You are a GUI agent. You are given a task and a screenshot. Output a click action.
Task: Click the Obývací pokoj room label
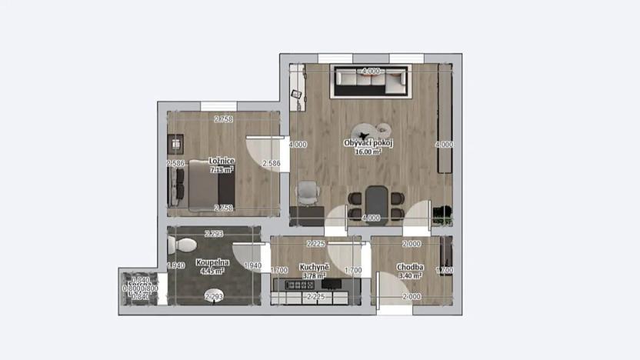click(x=368, y=144)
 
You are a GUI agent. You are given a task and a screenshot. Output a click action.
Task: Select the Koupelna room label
click(x=212, y=262)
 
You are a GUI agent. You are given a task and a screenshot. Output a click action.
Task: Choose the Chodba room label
click(x=408, y=267)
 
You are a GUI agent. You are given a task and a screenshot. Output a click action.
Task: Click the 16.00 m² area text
click(x=368, y=152)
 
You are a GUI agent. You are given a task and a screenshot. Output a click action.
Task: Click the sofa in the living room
click(x=371, y=81)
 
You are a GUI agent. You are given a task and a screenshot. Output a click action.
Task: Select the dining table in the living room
click(x=376, y=201)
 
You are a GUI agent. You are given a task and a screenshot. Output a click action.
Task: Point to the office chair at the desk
click(x=307, y=192)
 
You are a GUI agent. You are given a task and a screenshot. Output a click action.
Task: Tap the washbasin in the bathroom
click(x=212, y=298)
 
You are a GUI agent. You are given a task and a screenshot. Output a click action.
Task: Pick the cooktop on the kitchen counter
click(x=298, y=285)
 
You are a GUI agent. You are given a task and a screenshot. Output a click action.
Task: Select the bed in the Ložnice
click(x=204, y=185)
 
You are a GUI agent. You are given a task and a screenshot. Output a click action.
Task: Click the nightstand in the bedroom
click(x=176, y=143)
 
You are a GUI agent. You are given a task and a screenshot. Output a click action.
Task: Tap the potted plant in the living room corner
click(x=441, y=213)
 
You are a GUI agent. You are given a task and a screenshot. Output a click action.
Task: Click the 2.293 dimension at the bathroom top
click(x=213, y=233)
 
